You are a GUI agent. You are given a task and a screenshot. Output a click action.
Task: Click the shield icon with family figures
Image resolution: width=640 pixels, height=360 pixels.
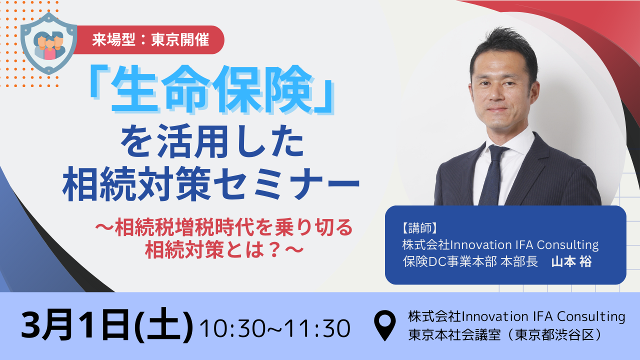[x=48, y=43]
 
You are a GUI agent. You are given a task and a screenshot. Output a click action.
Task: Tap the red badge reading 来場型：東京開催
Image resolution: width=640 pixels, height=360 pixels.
[x=150, y=39]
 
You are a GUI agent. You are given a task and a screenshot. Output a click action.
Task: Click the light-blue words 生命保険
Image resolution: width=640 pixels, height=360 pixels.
[x=211, y=89]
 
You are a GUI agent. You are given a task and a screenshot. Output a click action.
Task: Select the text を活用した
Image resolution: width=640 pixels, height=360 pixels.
[x=212, y=141]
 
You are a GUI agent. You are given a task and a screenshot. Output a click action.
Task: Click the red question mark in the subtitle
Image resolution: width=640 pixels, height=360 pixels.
[x=275, y=250]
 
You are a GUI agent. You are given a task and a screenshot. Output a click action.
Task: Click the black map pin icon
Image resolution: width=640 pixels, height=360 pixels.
[x=385, y=325]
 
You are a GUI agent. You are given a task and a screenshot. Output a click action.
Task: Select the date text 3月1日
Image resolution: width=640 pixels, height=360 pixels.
[x=75, y=325]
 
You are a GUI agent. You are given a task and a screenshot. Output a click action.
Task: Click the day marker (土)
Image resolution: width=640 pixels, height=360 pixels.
[x=163, y=325]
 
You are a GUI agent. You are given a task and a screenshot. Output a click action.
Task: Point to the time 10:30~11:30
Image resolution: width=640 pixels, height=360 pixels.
[x=275, y=328]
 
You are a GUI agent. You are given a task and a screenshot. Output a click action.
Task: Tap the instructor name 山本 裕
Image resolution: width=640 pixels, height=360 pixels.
[x=571, y=261]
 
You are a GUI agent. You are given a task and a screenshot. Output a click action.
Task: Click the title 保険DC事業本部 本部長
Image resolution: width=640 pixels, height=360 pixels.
[x=470, y=261]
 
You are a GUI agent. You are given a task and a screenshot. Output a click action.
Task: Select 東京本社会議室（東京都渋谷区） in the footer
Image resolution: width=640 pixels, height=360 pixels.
[x=505, y=335]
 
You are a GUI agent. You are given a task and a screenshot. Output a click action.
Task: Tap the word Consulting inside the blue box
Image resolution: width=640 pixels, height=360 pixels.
[x=567, y=245]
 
